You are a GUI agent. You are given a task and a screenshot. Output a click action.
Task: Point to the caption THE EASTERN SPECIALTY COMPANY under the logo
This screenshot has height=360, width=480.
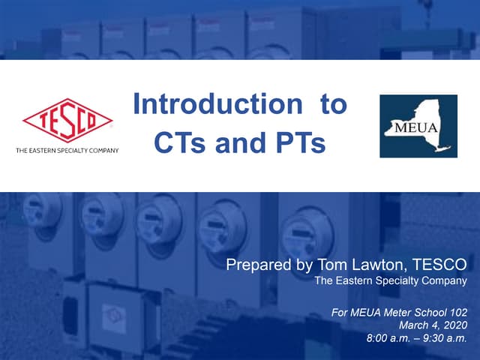67,151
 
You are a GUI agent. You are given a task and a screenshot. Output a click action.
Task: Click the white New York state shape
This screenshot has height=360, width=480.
420,122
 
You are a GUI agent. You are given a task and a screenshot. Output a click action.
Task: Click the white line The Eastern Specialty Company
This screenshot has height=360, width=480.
390,281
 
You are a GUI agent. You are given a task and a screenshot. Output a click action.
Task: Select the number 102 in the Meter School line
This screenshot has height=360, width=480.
457,309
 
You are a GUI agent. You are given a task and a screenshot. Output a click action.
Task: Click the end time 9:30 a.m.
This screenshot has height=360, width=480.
445,339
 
